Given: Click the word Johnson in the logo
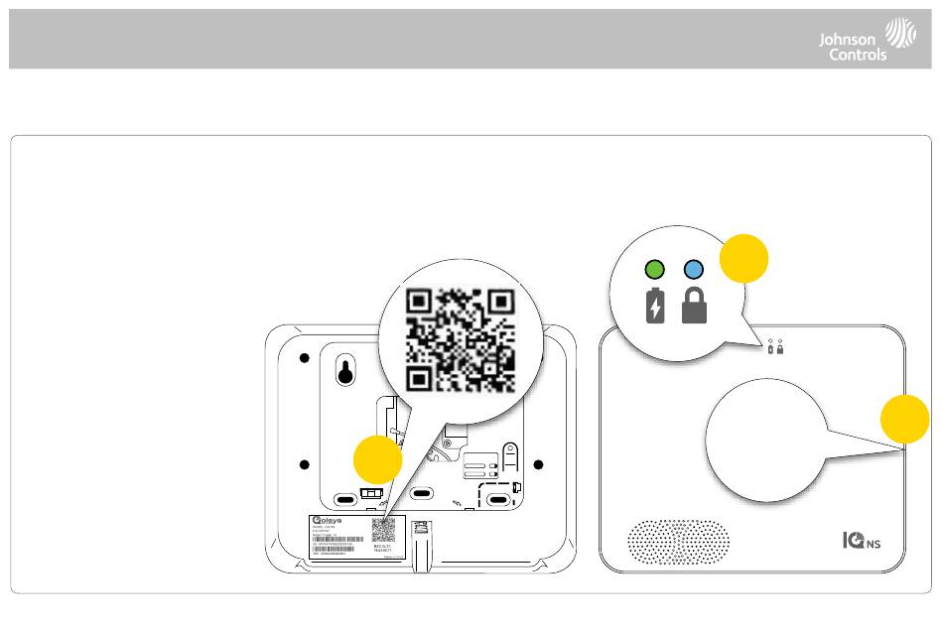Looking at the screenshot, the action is point(846,39).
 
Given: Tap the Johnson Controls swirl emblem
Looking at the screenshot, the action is point(900,32).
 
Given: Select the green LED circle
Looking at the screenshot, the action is point(654,268).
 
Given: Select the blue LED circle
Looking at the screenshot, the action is point(694,268).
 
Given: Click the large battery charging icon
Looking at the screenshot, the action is point(654,306).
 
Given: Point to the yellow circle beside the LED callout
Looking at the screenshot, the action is point(743,258).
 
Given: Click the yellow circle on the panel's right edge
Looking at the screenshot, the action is point(905,418).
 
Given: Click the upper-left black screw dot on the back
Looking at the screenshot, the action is point(305,358).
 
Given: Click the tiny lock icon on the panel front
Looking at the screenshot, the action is point(781,349).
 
